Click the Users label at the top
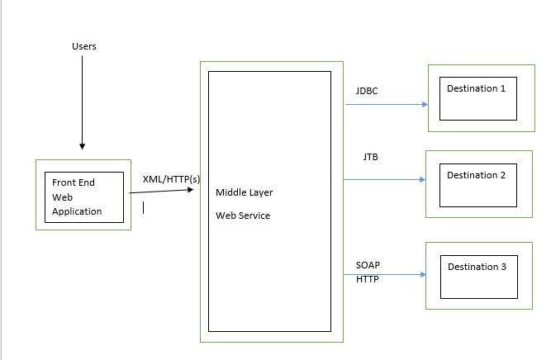(83, 46)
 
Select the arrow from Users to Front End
(83, 99)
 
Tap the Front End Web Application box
(83, 196)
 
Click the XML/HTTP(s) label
(171, 179)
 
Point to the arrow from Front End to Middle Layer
(164, 192)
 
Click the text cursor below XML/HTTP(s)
(143, 207)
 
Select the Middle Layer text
(244, 192)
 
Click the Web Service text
(243, 216)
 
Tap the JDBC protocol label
(367, 91)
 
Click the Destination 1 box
(476, 98)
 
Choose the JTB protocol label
(371, 156)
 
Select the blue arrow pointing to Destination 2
(384, 179)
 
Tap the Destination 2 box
(476, 184)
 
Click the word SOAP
(368, 265)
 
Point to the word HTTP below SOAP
(367, 279)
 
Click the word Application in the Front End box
(77, 211)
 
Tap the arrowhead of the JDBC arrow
(425, 105)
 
